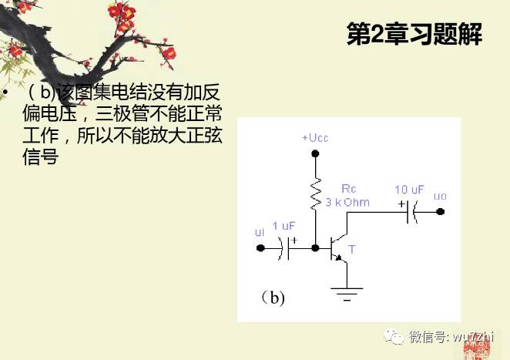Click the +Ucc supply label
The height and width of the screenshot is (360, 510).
point(314,137)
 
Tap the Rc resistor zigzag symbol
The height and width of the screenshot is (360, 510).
point(314,195)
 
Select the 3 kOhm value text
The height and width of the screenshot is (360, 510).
point(347,203)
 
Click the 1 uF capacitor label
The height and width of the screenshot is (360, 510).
point(284,226)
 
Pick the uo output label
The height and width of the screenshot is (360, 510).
point(440,197)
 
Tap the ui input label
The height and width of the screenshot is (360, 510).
point(259,232)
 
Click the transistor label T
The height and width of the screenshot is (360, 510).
point(352,250)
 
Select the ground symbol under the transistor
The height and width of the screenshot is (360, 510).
point(346,291)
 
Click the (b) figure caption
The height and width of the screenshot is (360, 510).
point(272,298)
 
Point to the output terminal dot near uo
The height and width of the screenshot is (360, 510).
point(441,213)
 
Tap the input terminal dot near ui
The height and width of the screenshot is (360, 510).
point(260,248)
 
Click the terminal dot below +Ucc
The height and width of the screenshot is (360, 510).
point(314,153)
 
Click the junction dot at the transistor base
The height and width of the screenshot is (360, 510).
point(314,248)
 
